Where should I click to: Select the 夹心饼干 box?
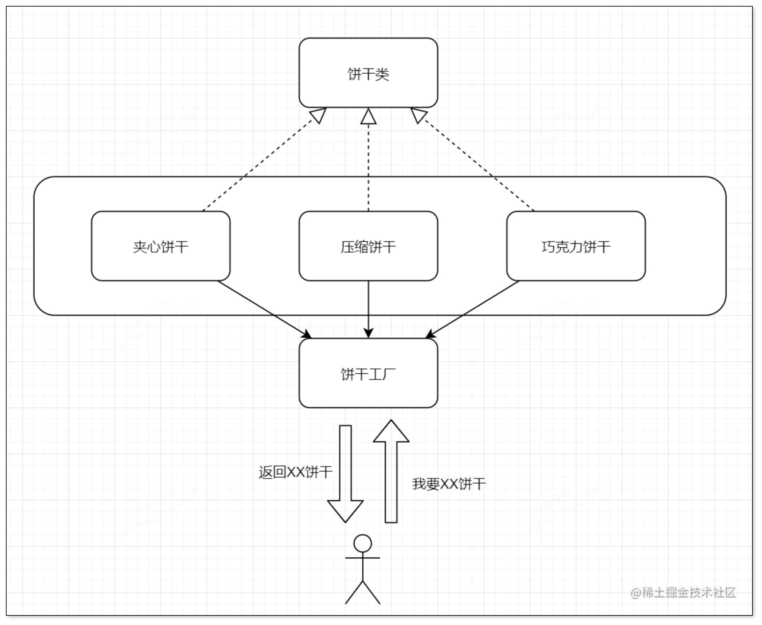[161, 246]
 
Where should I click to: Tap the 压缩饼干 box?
[368, 246]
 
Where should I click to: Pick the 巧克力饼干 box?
[576, 246]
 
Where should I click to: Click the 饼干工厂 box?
[368, 373]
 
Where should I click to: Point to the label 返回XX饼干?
[295, 472]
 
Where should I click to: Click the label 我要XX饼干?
[449, 484]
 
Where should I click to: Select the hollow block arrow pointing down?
[345, 475]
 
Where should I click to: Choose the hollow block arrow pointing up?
[391, 475]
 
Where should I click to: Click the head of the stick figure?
[363, 543]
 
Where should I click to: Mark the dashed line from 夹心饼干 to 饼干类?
[257, 166]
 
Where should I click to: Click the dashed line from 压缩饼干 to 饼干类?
[368, 166]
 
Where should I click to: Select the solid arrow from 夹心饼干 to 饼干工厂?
[264, 309]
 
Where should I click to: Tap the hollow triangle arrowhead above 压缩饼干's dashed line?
[368, 117]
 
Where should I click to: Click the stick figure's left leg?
[354, 592]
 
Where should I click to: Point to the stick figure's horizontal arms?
[363, 558]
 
